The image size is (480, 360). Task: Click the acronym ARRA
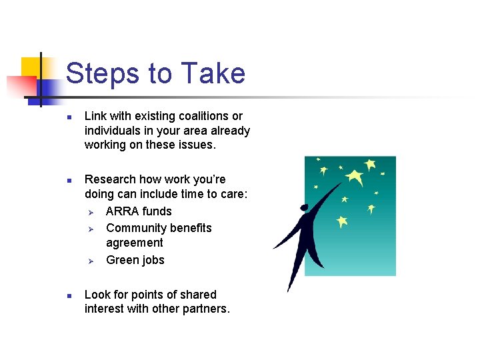point(122,211)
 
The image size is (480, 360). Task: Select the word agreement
point(134,243)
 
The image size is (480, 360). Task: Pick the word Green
point(123,260)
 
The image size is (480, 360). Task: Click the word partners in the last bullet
point(205,309)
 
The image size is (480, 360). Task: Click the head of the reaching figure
point(304,208)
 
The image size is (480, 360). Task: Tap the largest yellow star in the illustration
point(354,177)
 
